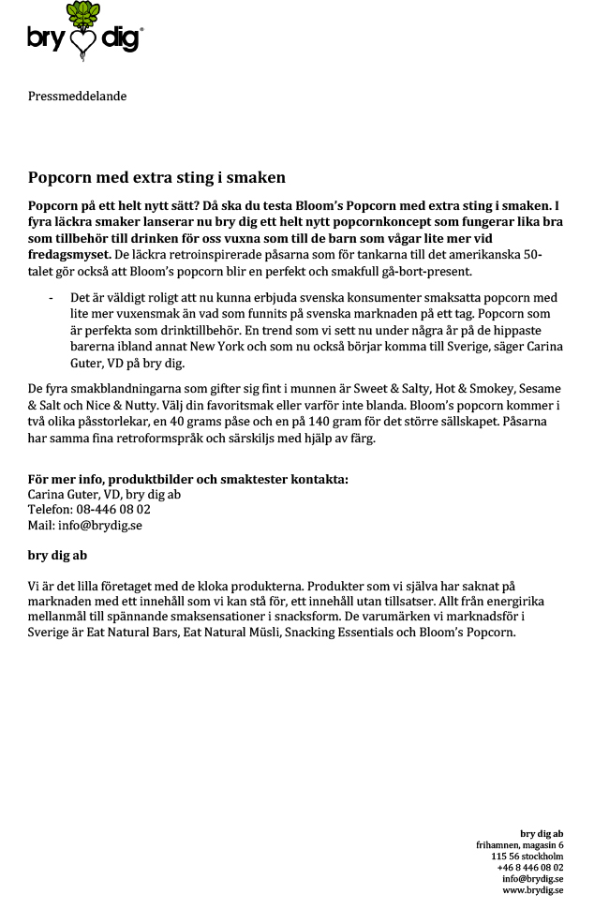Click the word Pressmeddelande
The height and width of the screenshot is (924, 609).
[x=77, y=96]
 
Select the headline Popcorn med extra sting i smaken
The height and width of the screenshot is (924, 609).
[x=156, y=177]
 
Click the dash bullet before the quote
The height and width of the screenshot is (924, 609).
[x=51, y=298]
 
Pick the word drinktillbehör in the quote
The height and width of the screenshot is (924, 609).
[x=181, y=330]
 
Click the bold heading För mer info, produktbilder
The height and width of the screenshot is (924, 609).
[x=187, y=479]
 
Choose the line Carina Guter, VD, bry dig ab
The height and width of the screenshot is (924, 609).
[x=104, y=495]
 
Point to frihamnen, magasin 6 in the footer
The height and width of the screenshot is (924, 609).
[x=519, y=844]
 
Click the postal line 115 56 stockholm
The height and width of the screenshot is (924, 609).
[x=527, y=856]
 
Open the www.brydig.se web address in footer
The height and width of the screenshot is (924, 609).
[x=532, y=889]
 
